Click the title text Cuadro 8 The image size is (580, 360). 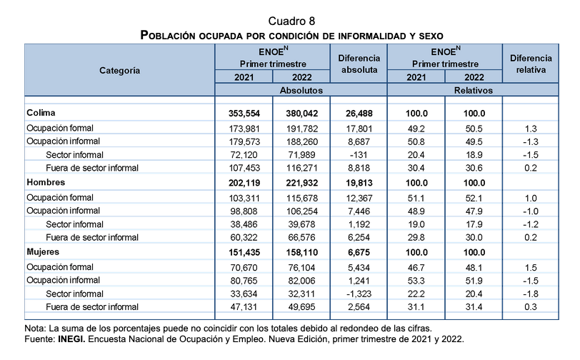pyautogui.click(x=291, y=21)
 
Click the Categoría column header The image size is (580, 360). pyautogui.click(x=119, y=71)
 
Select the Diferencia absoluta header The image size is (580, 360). pyautogui.click(x=359, y=64)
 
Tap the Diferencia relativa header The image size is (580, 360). pyautogui.click(x=531, y=64)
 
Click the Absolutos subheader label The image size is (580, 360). pyautogui.click(x=301, y=90)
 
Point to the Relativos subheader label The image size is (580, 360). pyautogui.click(x=474, y=90)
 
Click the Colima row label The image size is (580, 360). pyautogui.click(x=41, y=113)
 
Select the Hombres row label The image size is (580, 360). pyautogui.click(x=46, y=182)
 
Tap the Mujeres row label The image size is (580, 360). pyautogui.click(x=43, y=252)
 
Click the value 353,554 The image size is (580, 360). pyautogui.click(x=244, y=114)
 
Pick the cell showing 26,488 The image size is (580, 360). pyautogui.click(x=359, y=114)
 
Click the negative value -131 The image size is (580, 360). pyautogui.click(x=359, y=155)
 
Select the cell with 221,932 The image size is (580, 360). pyautogui.click(x=302, y=183)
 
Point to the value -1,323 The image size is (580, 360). pyautogui.click(x=359, y=294)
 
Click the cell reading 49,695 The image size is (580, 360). pyautogui.click(x=302, y=307)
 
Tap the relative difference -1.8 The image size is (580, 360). pyautogui.click(x=531, y=294)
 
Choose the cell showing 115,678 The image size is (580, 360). pyautogui.click(x=302, y=199)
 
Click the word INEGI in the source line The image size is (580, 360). pyautogui.click(x=71, y=339)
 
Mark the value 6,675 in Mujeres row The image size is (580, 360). pyautogui.click(x=359, y=253)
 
